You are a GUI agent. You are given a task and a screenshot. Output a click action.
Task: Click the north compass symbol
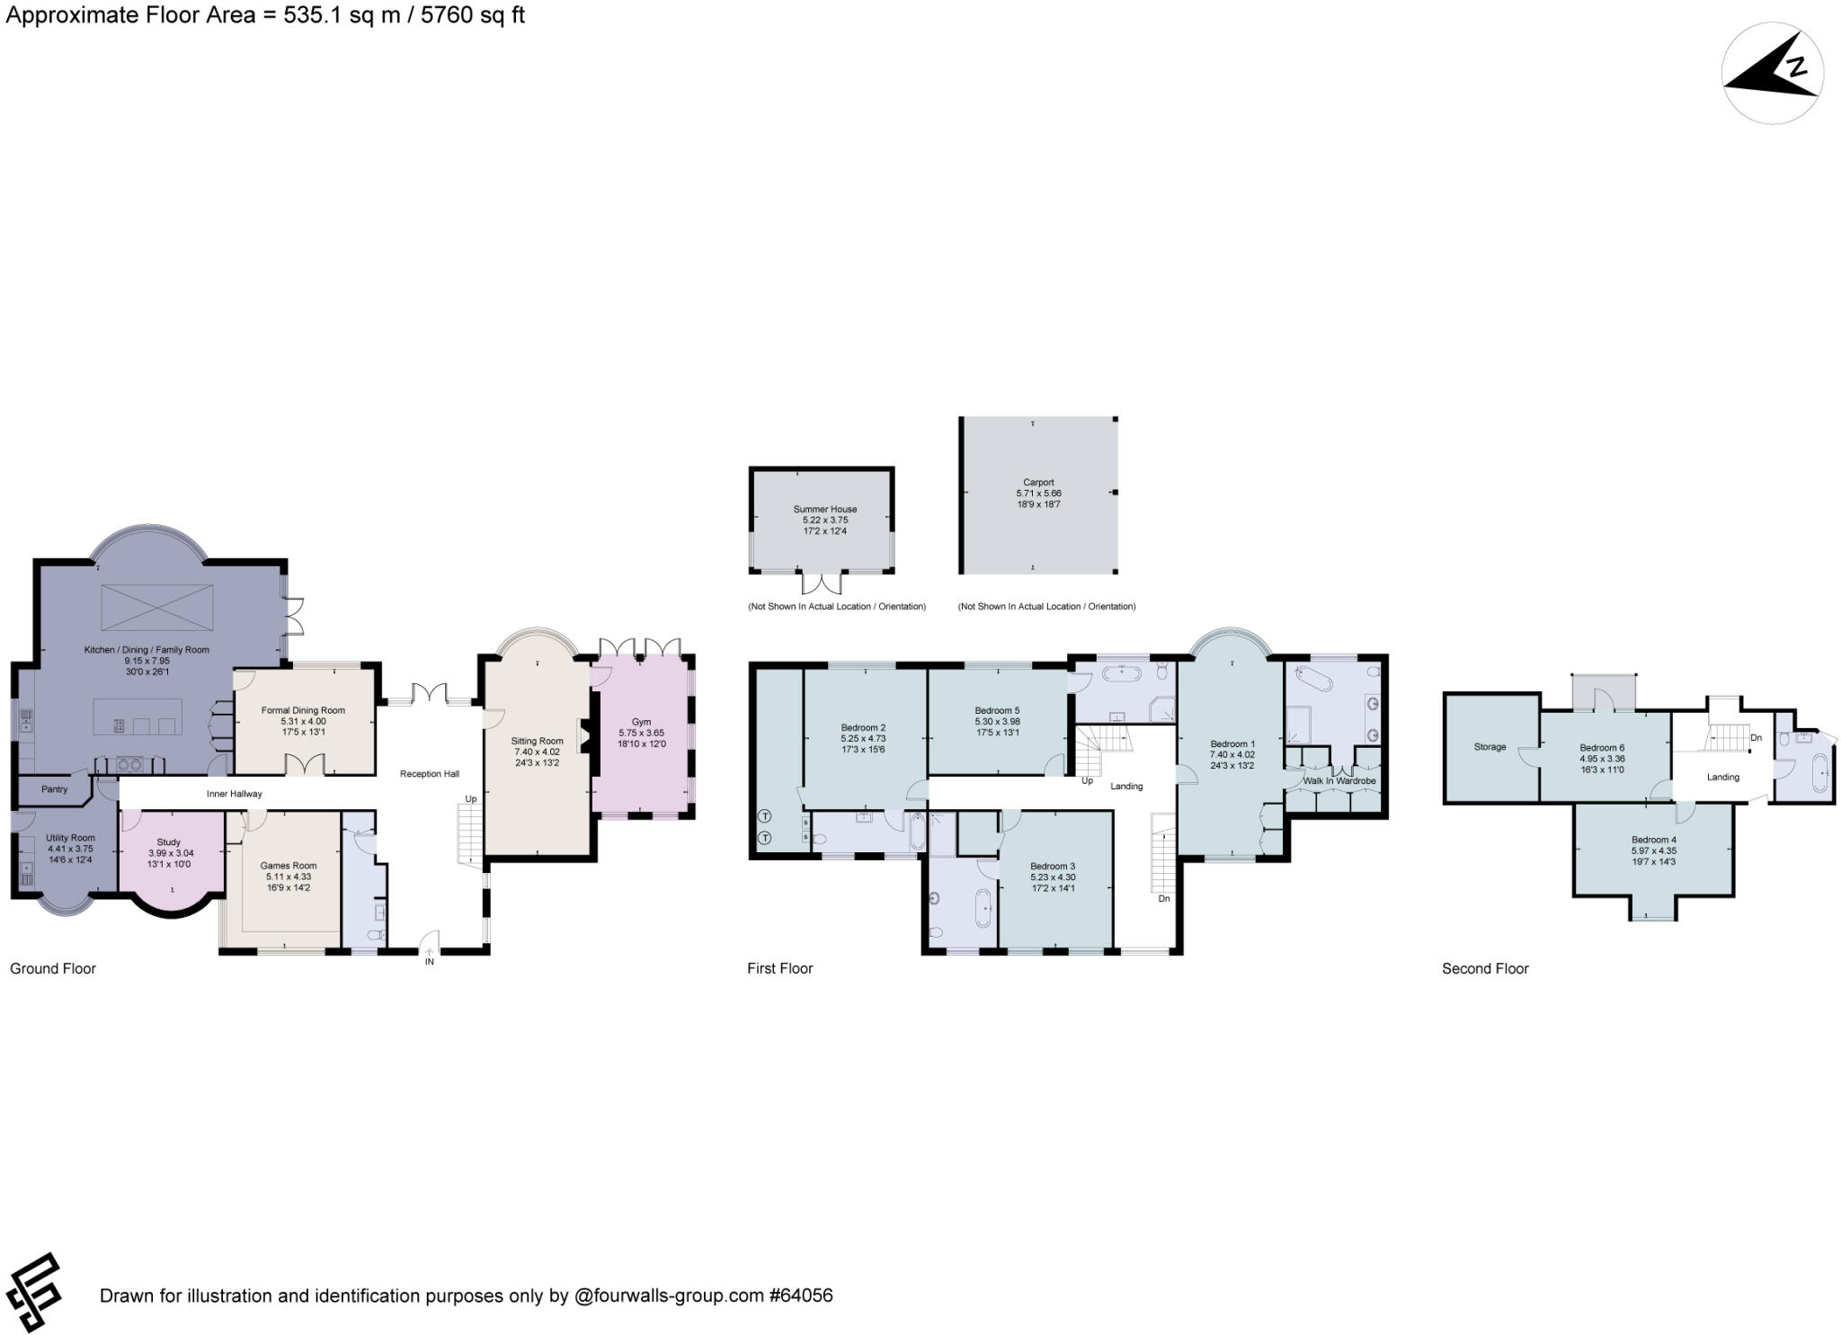[1772, 72]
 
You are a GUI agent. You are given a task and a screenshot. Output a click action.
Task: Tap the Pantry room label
[54, 789]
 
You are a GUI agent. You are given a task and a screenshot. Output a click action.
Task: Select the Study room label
[169, 842]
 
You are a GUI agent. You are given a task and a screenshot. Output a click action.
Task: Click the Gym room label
[641, 722]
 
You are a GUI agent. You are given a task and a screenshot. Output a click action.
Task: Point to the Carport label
[1038, 483]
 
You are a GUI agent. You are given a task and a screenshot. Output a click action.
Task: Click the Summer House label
[824, 509]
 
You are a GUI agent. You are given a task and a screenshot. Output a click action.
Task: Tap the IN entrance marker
[430, 962]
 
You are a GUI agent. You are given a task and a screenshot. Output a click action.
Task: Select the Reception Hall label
[430, 774]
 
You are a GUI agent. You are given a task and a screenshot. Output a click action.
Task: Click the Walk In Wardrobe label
[1339, 781]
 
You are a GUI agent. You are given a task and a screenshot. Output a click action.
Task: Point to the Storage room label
[1490, 747]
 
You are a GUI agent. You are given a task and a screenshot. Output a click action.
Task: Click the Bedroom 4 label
[1654, 840]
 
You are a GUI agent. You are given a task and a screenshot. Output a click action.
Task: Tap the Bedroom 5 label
[997, 710]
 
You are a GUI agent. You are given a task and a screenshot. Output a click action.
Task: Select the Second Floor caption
[1485, 968]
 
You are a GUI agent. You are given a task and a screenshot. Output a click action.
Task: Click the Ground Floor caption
[53, 968]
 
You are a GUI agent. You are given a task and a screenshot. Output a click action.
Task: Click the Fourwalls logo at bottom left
[33, 1292]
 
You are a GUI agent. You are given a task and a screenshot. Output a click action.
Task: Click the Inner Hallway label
[234, 794]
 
